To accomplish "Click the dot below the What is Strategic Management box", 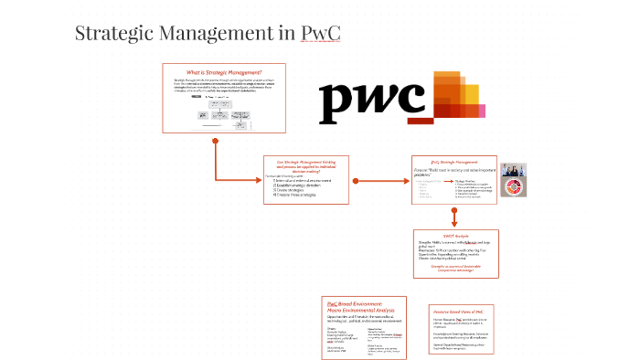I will (x=215, y=141).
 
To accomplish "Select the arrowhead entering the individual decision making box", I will (x=259, y=178).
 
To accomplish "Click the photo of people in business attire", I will (x=513, y=171).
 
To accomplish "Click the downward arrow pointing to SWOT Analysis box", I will (x=454, y=217).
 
